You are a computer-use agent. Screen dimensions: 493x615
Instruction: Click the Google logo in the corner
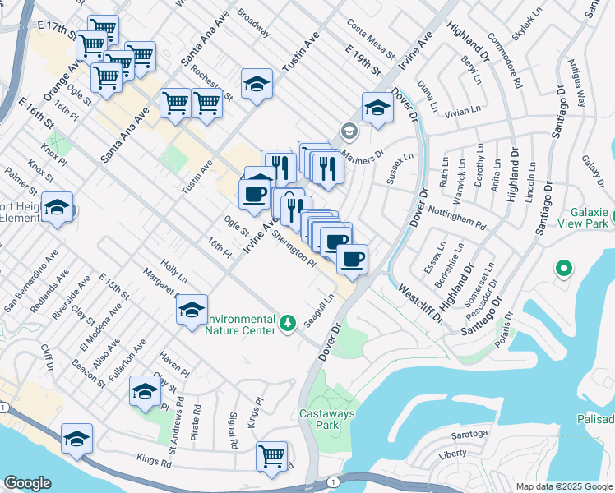[28, 483]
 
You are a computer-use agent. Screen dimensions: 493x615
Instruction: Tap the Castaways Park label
[319, 419]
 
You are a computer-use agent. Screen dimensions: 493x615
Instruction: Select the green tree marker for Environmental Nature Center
[288, 323]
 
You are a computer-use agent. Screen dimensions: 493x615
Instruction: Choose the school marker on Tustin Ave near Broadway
[257, 83]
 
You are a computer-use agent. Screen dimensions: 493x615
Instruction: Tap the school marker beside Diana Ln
[377, 108]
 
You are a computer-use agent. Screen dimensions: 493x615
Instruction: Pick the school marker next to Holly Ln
[191, 310]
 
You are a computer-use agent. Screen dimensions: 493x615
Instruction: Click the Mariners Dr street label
[363, 154]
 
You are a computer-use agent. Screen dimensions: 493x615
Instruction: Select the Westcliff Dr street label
[420, 300]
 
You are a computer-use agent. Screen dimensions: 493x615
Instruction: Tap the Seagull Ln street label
[319, 311]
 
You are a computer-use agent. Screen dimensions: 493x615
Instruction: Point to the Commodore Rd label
[504, 60]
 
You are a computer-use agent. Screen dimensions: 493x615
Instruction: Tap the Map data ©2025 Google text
[563, 486]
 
